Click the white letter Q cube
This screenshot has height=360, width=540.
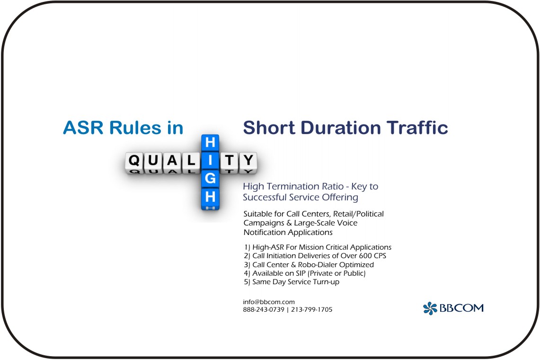click(x=134, y=161)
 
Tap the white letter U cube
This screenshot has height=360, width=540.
click(x=153, y=161)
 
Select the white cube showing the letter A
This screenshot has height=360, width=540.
click(x=172, y=161)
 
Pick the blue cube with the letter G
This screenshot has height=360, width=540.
click(x=210, y=178)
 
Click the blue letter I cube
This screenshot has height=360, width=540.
click(x=210, y=161)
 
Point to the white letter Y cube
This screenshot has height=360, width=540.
click(x=248, y=161)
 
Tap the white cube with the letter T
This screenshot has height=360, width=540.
click(x=229, y=161)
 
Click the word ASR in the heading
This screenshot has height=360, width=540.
click(x=83, y=127)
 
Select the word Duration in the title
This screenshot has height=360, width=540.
click(x=341, y=127)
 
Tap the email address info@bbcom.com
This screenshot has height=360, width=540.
click(x=269, y=302)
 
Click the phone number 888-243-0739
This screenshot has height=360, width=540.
click(x=264, y=309)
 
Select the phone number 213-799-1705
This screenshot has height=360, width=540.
click(x=312, y=309)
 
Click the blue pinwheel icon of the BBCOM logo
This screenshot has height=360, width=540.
click(x=430, y=308)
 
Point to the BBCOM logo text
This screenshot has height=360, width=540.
click(x=461, y=308)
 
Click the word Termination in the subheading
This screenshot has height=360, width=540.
click(x=301, y=186)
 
